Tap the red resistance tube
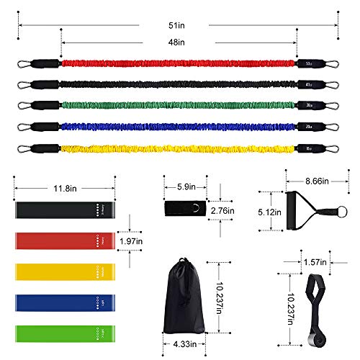click(180, 63)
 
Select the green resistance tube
click(180, 107)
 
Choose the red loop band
click(65, 240)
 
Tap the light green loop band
click(65, 332)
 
